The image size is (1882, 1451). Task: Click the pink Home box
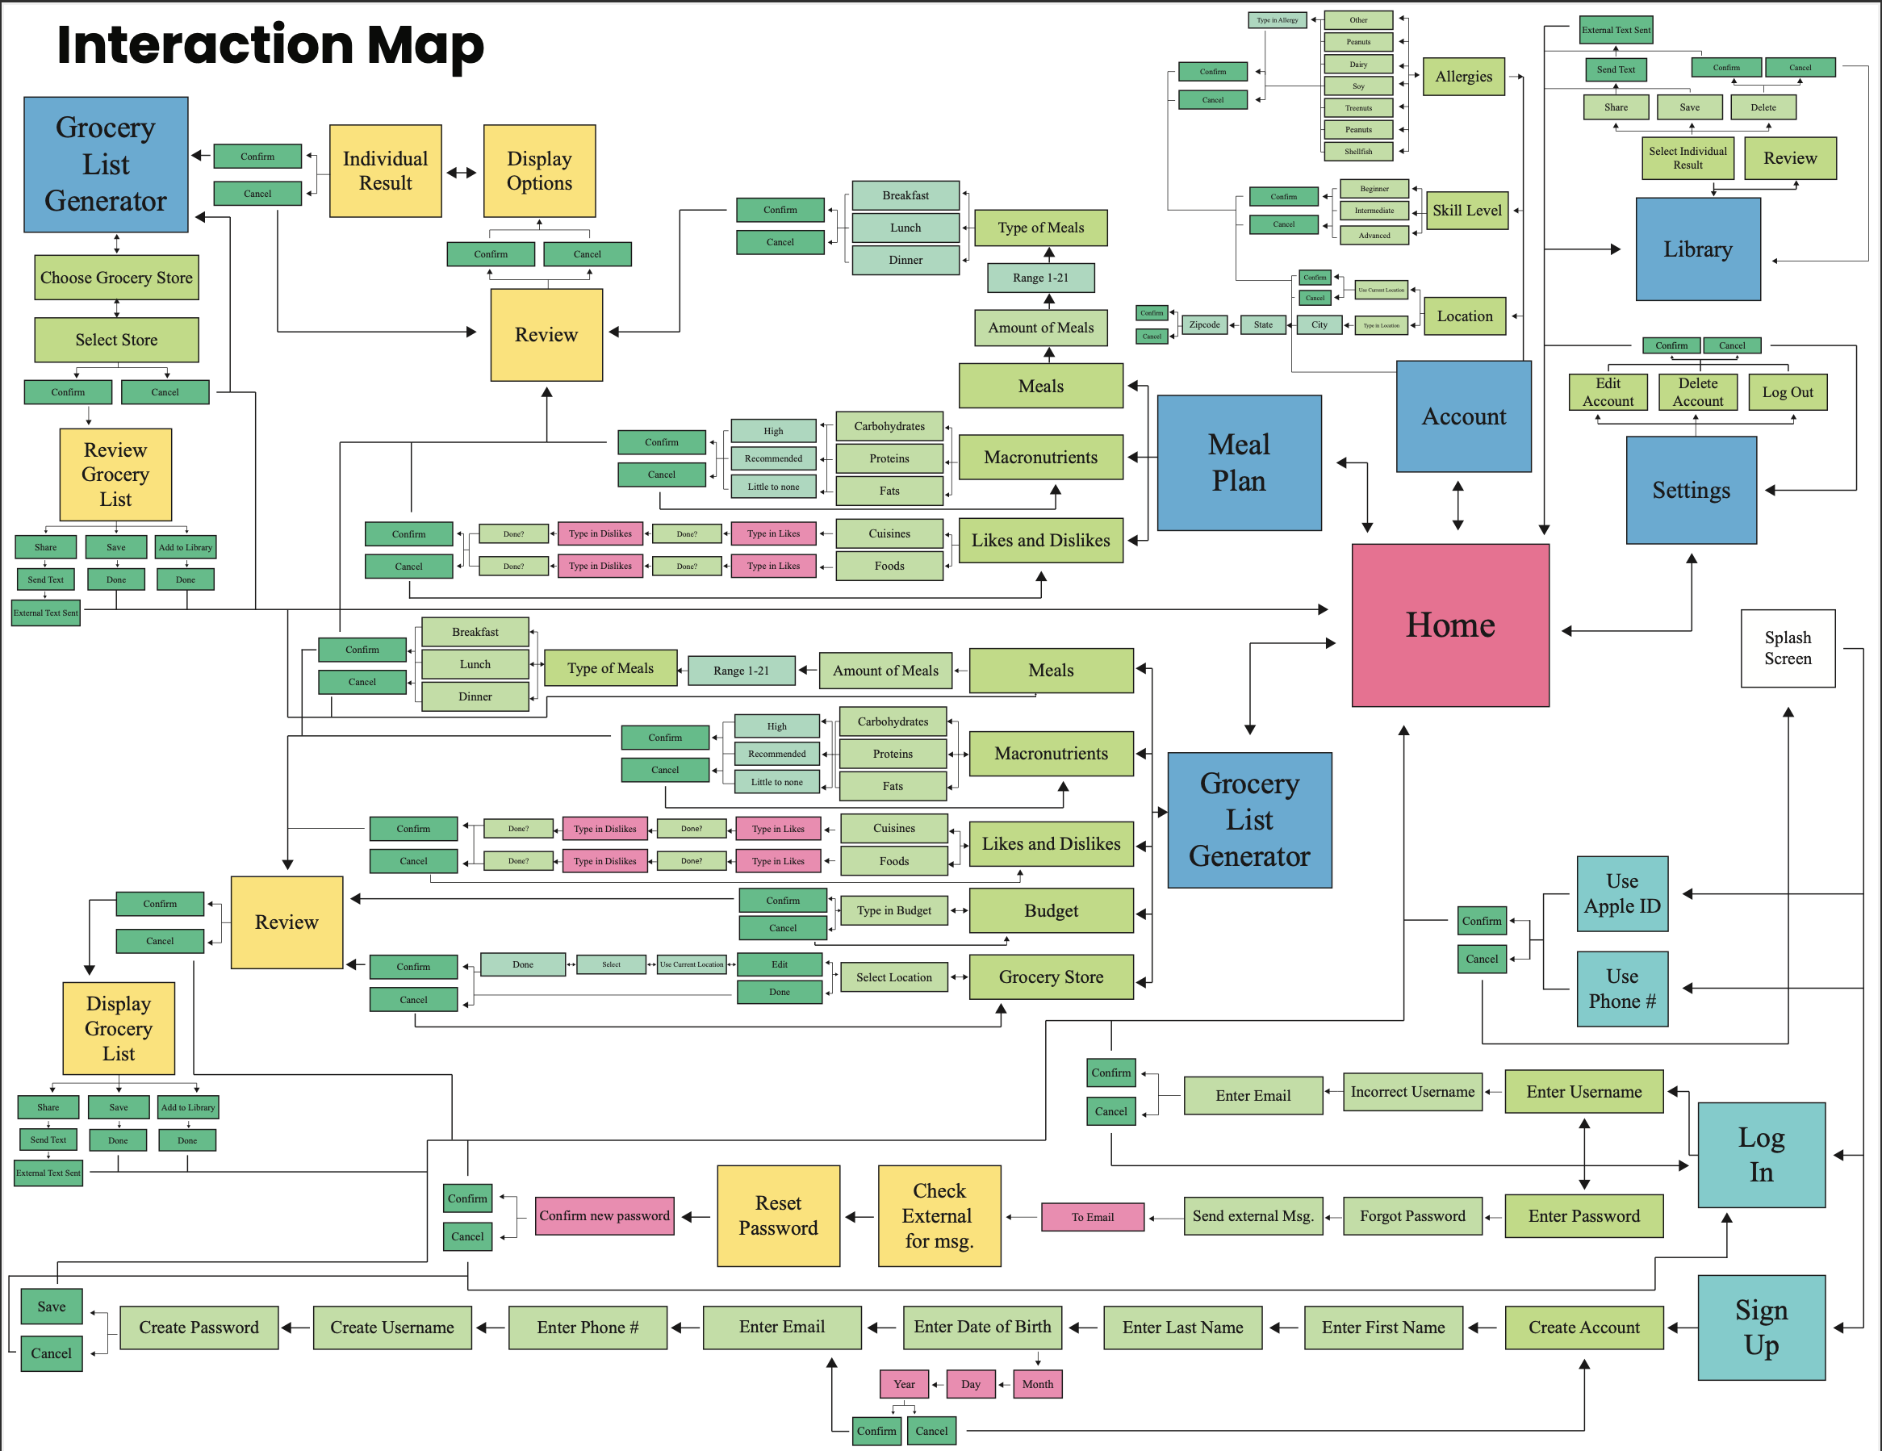(x=1449, y=625)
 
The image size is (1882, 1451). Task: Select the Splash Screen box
(x=1788, y=648)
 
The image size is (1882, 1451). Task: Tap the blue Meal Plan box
(x=1238, y=462)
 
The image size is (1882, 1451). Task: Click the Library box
(x=1696, y=249)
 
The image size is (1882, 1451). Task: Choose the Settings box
(x=1691, y=491)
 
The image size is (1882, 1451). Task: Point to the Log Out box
(x=1788, y=392)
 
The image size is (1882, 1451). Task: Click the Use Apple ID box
(x=1622, y=893)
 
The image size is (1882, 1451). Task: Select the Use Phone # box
(x=1622, y=989)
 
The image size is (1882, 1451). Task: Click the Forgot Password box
(x=1411, y=1216)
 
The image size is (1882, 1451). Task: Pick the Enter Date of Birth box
(x=981, y=1327)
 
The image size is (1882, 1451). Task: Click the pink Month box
(x=1037, y=1384)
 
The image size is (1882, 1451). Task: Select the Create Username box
(x=392, y=1327)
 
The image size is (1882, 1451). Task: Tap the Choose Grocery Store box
(x=116, y=278)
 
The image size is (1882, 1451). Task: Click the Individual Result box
(x=385, y=170)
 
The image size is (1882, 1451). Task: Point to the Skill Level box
(x=1466, y=211)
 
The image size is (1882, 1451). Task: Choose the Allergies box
(x=1463, y=77)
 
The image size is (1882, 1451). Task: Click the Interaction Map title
(x=270, y=45)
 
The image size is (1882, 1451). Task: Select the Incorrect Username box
(x=1411, y=1092)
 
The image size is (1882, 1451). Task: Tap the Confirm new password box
(x=604, y=1216)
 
